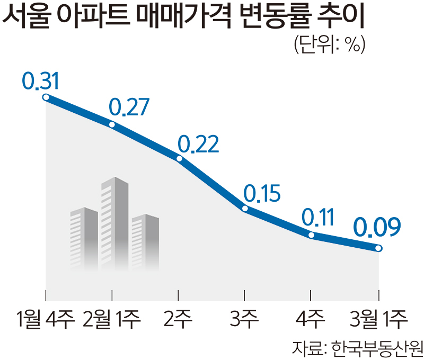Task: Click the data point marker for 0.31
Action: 46,97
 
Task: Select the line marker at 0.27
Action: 112,124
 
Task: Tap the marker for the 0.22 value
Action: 179,158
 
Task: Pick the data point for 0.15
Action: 245,209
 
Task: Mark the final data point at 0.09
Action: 378,248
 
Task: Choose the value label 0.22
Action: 198,143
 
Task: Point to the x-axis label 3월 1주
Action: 379,319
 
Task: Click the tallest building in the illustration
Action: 114,222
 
